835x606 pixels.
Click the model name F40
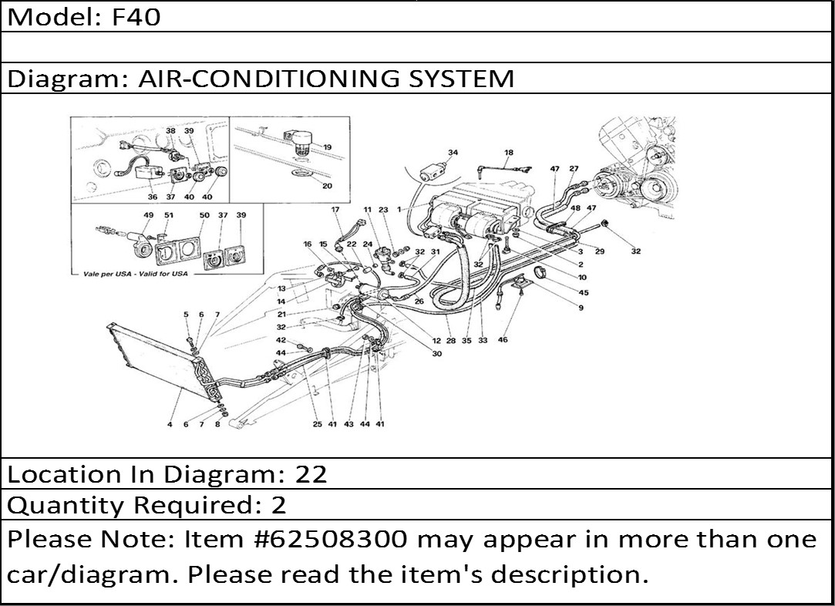(x=136, y=17)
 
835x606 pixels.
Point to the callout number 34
(x=453, y=153)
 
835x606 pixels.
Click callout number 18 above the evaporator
(x=509, y=153)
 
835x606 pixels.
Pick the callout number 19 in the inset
(x=327, y=146)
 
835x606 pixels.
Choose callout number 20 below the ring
(x=327, y=186)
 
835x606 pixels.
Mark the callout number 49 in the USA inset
(x=149, y=215)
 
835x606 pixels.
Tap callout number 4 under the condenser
(x=170, y=425)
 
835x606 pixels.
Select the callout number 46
(x=503, y=339)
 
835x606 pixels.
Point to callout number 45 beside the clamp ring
(x=584, y=292)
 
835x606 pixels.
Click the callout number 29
(x=599, y=251)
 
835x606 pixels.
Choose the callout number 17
(x=335, y=210)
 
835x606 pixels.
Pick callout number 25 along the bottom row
(x=317, y=425)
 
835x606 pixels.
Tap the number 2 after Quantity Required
(x=278, y=506)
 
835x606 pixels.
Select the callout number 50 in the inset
(x=204, y=215)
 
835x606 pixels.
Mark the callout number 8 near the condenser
(x=217, y=425)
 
